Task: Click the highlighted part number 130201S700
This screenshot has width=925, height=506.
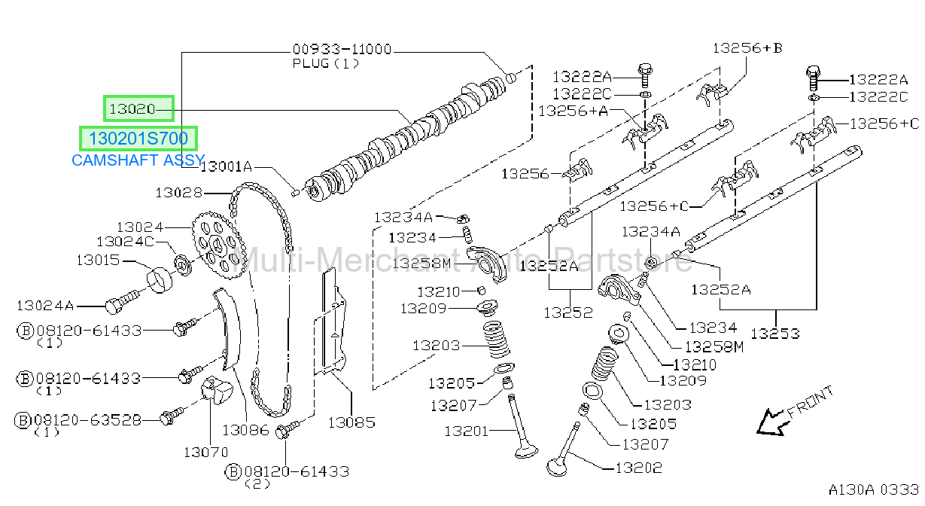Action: [138, 139]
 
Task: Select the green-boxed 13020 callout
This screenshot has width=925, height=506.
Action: [138, 108]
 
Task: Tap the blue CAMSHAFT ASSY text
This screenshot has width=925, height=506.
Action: [138, 160]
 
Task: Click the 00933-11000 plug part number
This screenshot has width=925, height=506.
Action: [342, 49]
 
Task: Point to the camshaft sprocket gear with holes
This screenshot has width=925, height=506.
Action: [214, 245]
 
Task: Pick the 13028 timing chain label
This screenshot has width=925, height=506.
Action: [179, 193]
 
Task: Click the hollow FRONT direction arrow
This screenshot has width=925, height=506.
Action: [771, 422]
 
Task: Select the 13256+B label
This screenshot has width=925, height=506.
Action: [747, 48]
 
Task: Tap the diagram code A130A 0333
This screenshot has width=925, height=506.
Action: [874, 489]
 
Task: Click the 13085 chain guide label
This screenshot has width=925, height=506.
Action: [351, 422]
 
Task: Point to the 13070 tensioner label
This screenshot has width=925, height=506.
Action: [205, 452]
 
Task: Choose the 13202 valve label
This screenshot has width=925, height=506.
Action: [639, 468]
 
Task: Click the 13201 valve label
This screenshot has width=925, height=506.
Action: [466, 431]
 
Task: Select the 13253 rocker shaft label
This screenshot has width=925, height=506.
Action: [774, 334]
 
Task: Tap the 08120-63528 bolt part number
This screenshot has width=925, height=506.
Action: [87, 419]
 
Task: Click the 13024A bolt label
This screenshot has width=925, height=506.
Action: [45, 306]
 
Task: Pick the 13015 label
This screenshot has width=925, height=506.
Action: [98, 261]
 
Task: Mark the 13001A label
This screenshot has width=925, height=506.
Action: [226, 166]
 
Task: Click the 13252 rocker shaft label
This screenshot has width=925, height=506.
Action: [568, 312]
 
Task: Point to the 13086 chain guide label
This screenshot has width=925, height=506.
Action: [245, 430]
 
